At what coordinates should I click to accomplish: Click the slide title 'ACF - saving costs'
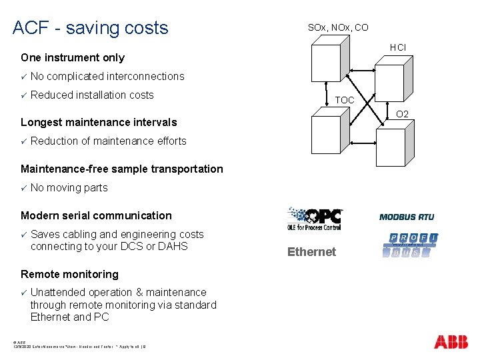(91, 28)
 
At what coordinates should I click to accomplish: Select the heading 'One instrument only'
(73, 58)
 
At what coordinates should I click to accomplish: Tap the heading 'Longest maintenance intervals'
(99, 122)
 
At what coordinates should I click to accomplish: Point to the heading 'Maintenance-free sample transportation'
(122, 169)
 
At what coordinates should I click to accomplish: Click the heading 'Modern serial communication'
(96, 215)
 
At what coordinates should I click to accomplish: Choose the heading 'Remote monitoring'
(69, 274)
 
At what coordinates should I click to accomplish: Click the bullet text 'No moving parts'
(69, 187)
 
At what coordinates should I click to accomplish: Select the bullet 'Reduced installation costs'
(92, 95)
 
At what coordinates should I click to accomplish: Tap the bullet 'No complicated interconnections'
(107, 76)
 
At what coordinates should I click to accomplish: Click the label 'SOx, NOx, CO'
(337, 27)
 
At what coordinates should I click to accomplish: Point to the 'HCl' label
(398, 47)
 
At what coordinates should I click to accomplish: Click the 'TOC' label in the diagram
(345, 100)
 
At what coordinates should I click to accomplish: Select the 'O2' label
(403, 114)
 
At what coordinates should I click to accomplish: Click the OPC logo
(314, 219)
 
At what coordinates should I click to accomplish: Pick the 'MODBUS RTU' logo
(406, 217)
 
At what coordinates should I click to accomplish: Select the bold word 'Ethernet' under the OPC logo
(311, 252)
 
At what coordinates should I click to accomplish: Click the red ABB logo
(451, 343)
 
